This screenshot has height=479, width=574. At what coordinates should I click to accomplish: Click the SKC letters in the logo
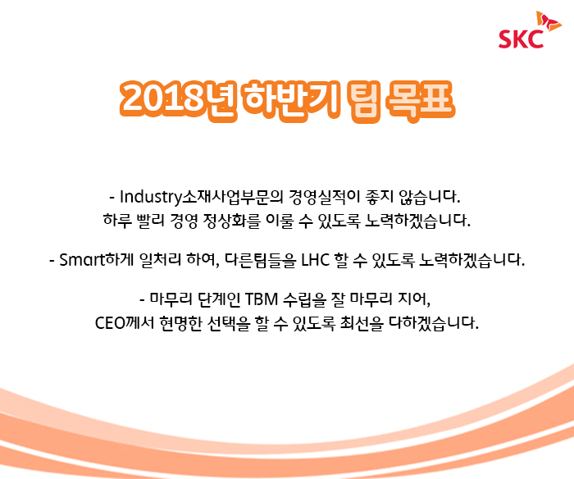pyautogui.click(x=521, y=39)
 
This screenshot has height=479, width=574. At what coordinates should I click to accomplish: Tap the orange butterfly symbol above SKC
pyautogui.click(x=549, y=21)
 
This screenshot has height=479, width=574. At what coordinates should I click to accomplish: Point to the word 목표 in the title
pyautogui.click(x=421, y=98)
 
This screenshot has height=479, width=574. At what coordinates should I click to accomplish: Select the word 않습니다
pyautogui.click(x=430, y=197)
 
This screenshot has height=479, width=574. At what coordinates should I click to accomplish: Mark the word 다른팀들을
pyautogui.click(x=260, y=260)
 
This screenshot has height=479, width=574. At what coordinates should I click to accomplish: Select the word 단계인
pyautogui.click(x=219, y=299)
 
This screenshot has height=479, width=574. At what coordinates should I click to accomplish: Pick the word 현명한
pyautogui.click(x=181, y=323)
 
